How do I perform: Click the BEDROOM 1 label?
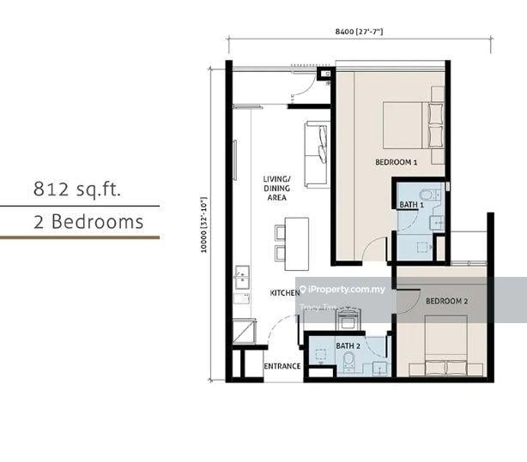tap(396, 162)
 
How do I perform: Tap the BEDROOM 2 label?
tap(446, 301)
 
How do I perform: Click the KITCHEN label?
tap(284, 293)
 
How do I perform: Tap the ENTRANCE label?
tap(282, 367)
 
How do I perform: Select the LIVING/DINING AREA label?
tap(276, 189)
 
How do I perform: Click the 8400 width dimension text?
tap(359, 32)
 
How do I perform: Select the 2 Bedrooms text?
tap(88, 222)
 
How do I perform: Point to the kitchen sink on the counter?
tap(241, 278)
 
